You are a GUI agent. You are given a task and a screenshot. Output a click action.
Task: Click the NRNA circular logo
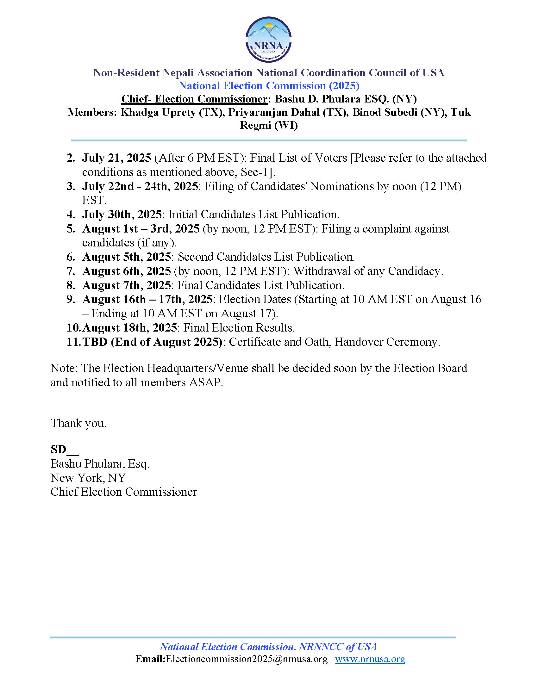tap(268, 40)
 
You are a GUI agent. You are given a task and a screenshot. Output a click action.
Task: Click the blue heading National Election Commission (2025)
tap(269, 86)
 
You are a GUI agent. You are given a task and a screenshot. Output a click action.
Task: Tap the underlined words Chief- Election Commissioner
tap(194, 99)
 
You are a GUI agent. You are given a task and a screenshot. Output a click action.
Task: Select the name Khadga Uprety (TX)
tap(172, 113)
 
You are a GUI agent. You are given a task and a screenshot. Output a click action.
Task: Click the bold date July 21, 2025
tap(116, 158)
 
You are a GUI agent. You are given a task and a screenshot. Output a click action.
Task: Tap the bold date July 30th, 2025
tap(122, 214)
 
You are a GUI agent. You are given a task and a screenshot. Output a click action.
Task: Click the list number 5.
tap(71, 229)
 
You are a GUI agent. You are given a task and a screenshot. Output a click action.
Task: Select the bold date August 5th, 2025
tap(127, 257)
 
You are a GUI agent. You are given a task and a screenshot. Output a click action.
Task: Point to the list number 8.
tap(71, 285)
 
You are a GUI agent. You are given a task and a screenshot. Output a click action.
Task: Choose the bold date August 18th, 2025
tap(129, 328)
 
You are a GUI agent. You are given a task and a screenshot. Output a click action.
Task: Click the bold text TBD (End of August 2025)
tap(152, 342)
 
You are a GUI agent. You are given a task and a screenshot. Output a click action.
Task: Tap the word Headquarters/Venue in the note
tap(197, 368)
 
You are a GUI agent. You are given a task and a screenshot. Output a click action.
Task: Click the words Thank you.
tap(78, 423)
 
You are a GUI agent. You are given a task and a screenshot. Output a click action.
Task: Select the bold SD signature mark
tap(59, 449)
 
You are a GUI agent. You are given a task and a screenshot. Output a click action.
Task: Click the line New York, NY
tap(88, 478)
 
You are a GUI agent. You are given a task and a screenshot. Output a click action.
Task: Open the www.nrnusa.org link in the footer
tap(370, 659)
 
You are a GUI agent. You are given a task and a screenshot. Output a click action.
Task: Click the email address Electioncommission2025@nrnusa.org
tap(246, 659)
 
